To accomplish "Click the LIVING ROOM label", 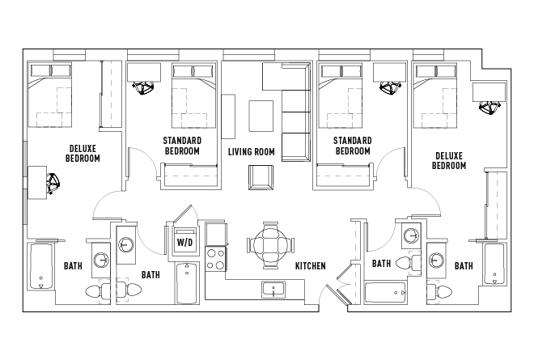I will click(251, 151).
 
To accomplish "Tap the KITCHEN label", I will click(310, 265).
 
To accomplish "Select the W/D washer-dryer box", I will click(184, 241).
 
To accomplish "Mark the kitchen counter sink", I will click(273, 289).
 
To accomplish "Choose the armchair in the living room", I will click(261, 177).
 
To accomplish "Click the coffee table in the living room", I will click(261, 114).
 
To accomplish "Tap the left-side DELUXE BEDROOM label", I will click(83, 153).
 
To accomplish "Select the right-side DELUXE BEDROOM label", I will click(449, 160).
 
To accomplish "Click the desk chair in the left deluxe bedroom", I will click(53, 184).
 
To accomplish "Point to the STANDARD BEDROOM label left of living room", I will click(182, 146).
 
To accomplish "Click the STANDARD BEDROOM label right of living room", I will click(352, 146).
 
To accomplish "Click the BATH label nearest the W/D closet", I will click(150, 275).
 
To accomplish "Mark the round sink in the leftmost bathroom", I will click(101, 260).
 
